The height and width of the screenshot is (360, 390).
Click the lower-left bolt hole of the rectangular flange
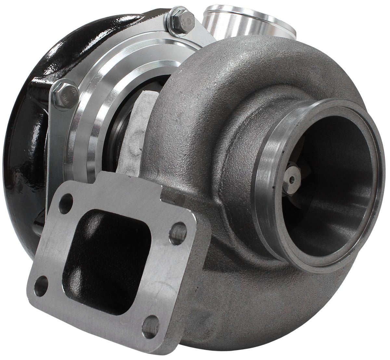tap(41, 286)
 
